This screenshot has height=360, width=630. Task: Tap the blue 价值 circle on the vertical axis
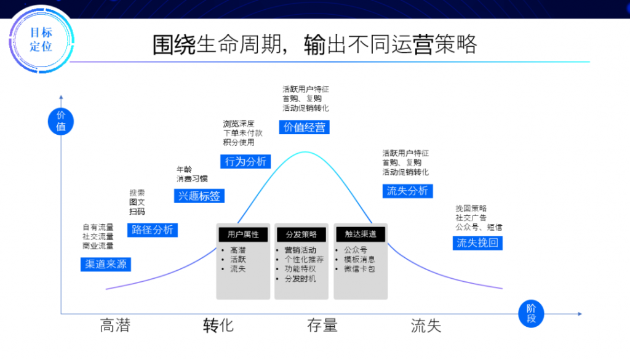coord(61,121)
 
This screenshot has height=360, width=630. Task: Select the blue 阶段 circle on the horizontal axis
coord(532,313)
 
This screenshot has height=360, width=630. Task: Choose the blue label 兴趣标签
coord(198,196)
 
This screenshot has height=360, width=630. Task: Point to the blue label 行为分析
coord(245,162)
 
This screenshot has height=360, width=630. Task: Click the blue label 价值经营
coord(304,127)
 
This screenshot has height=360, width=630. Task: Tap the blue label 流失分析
coord(407,191)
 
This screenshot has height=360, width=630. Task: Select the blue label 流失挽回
coord(477,243)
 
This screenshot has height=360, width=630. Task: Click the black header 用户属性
coord(243,234)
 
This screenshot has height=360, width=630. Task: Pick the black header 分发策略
coord(301,234)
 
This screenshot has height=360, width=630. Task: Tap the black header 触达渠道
coord(360,234)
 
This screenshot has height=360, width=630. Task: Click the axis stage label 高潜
coord(115,325)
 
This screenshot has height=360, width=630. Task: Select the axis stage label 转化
coord(218,325)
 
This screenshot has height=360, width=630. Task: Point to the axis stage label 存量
coord(322,325)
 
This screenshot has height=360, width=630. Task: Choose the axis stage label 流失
coord(426,325)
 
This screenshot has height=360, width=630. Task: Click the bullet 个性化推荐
coord(304,260)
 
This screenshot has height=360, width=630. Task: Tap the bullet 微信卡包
coord(359,269)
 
